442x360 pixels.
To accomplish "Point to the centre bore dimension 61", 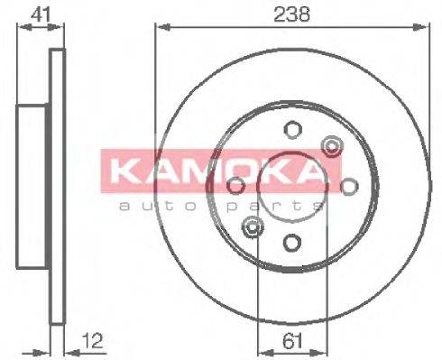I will [x=290, y=340].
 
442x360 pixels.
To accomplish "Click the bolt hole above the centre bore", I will [x=290, y=129].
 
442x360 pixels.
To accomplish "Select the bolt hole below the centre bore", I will [x=290, y=241].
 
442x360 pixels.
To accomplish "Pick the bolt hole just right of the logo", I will [x=349, y=185].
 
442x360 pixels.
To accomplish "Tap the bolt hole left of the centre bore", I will [x=235, y=185].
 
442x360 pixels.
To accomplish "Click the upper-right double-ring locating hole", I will [x=331, y=144].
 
